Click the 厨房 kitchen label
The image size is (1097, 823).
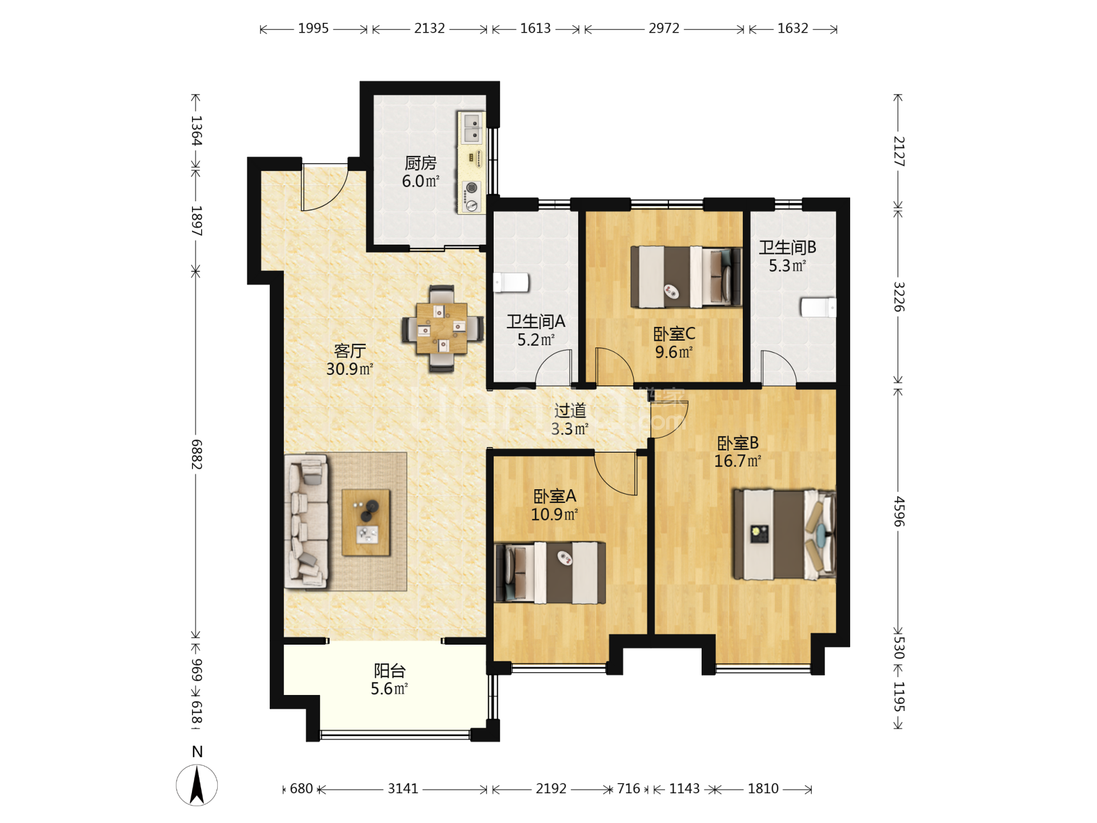coord(421,163)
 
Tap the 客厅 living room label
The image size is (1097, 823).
coord(350,351)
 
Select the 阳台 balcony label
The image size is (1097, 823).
coord(390,670)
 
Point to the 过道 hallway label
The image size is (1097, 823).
coord(570,410)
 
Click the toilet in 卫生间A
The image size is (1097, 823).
coord(511,282)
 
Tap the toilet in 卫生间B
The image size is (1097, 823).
coord(818,307)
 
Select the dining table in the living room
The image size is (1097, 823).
coord(442,329)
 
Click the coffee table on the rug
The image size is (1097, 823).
coord(366,522)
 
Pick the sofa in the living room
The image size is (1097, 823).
coord(306,522)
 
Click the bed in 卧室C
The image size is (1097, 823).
coord(686,277)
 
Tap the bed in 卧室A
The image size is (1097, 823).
coord(550,573)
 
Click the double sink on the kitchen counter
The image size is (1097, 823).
coord(471,128)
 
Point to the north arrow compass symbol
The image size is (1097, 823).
coord(197,785)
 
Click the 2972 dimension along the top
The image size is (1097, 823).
coord(664,28)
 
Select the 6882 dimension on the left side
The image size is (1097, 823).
coord(197,454)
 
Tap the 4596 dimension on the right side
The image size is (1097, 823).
coord(899,512)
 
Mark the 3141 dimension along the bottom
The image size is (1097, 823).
coord(403,789)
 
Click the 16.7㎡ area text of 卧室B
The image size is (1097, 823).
coord(738,461)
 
